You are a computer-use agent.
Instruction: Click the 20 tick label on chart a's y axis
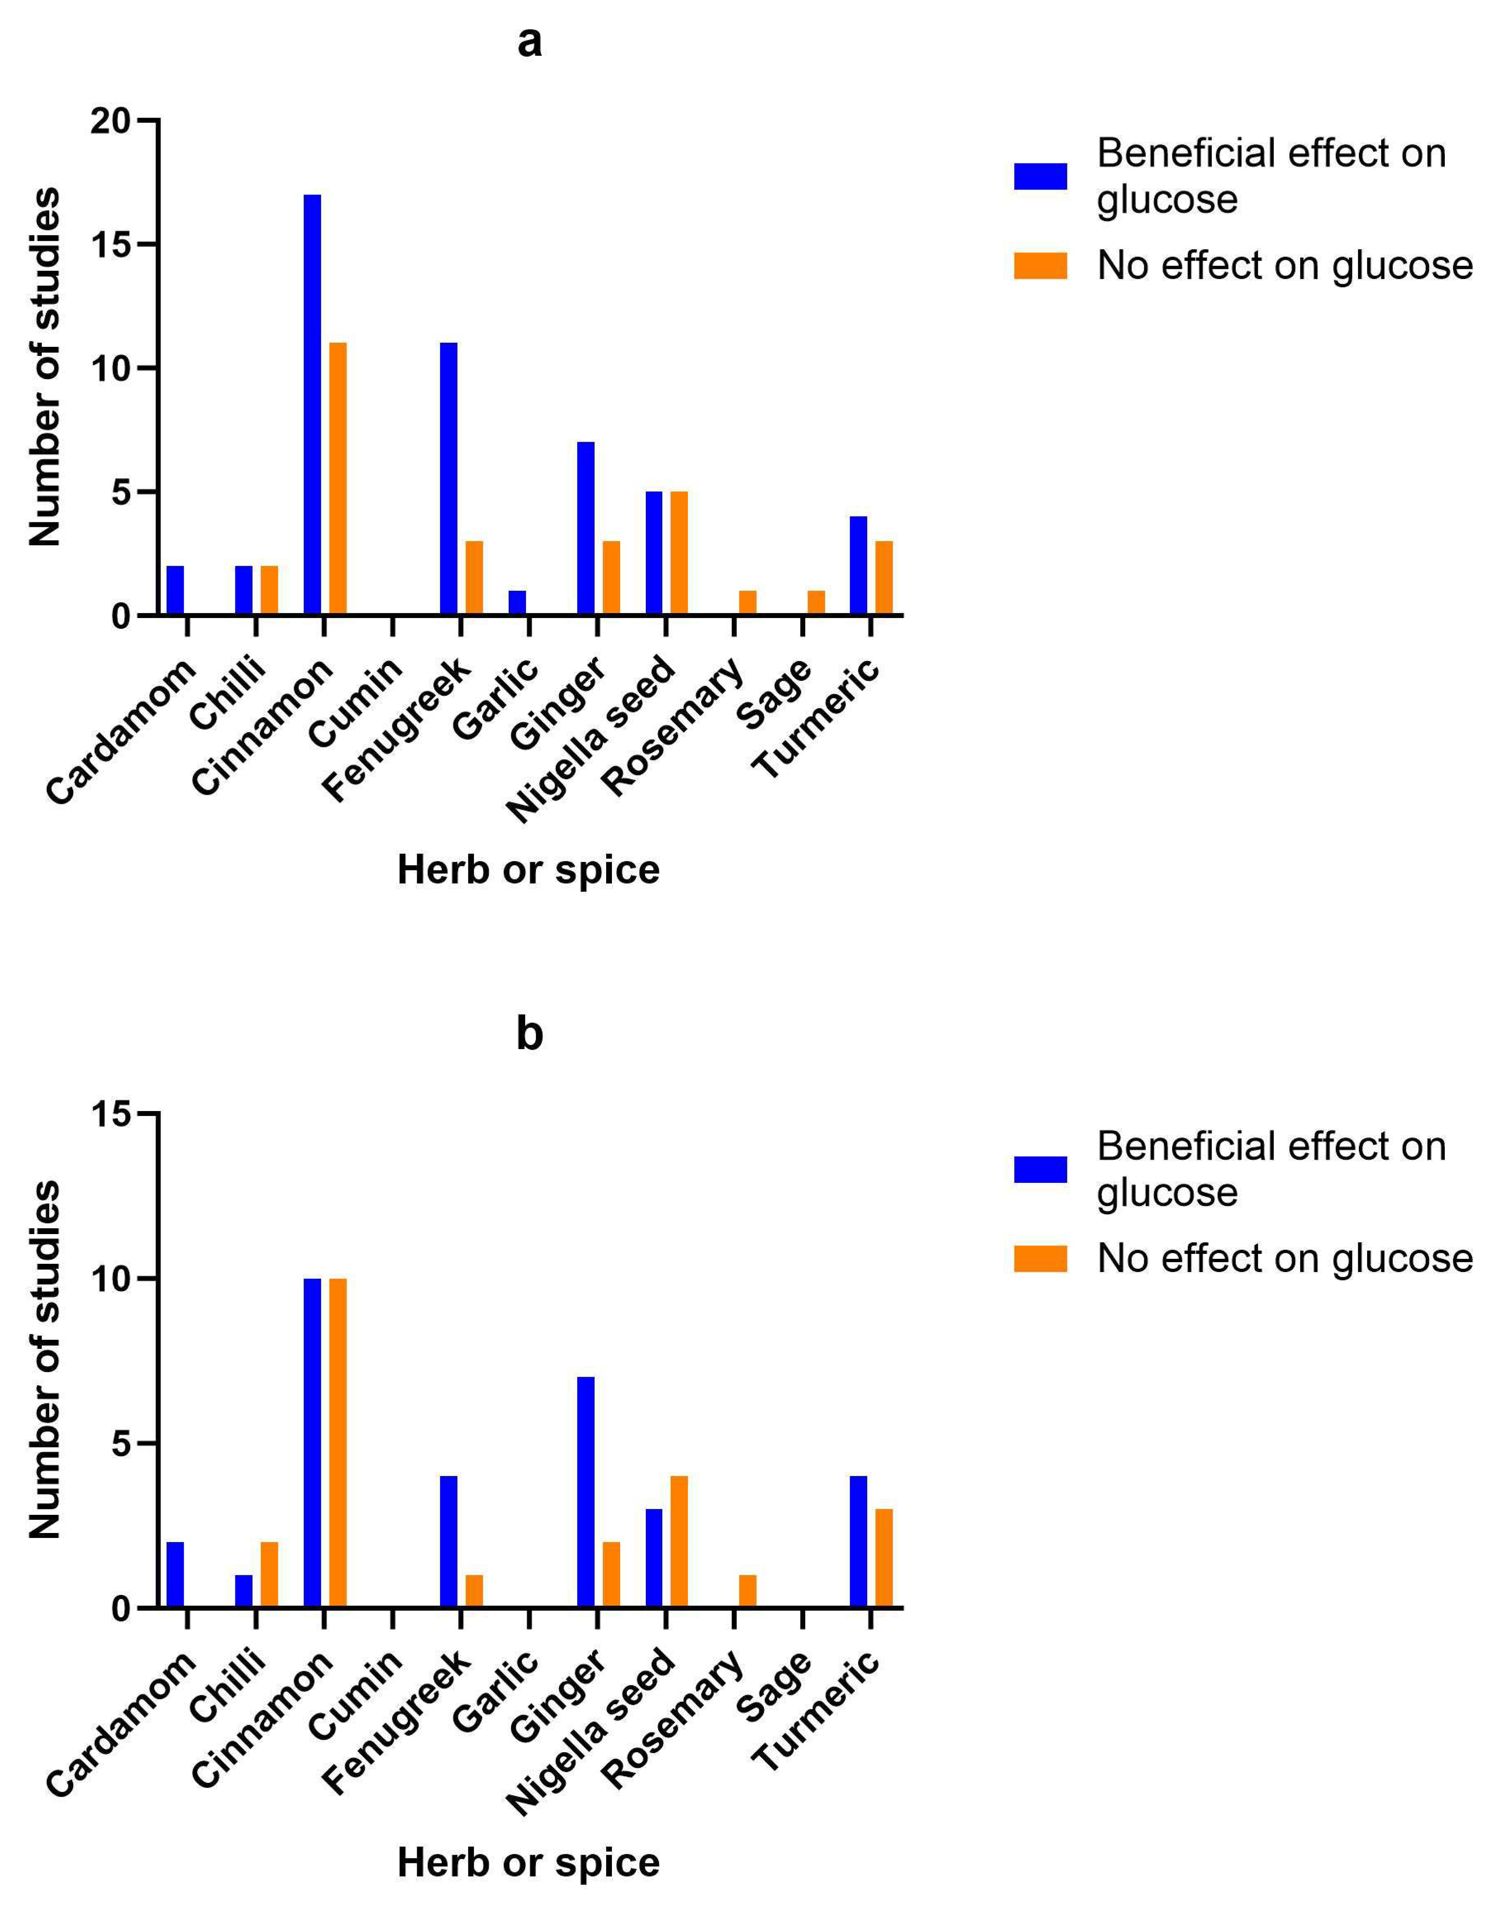tap(110, 121)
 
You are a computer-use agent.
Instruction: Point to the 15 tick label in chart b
tap(110, 1115)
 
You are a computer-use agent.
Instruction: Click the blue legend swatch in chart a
tap(1041, 176)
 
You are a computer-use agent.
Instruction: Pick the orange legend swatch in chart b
tap(1041, 1258)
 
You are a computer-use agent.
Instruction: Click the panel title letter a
tap(529, 41)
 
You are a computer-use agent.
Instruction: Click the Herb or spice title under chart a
tap(528, 870)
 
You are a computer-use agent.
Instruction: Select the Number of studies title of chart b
tap(45, 1359)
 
